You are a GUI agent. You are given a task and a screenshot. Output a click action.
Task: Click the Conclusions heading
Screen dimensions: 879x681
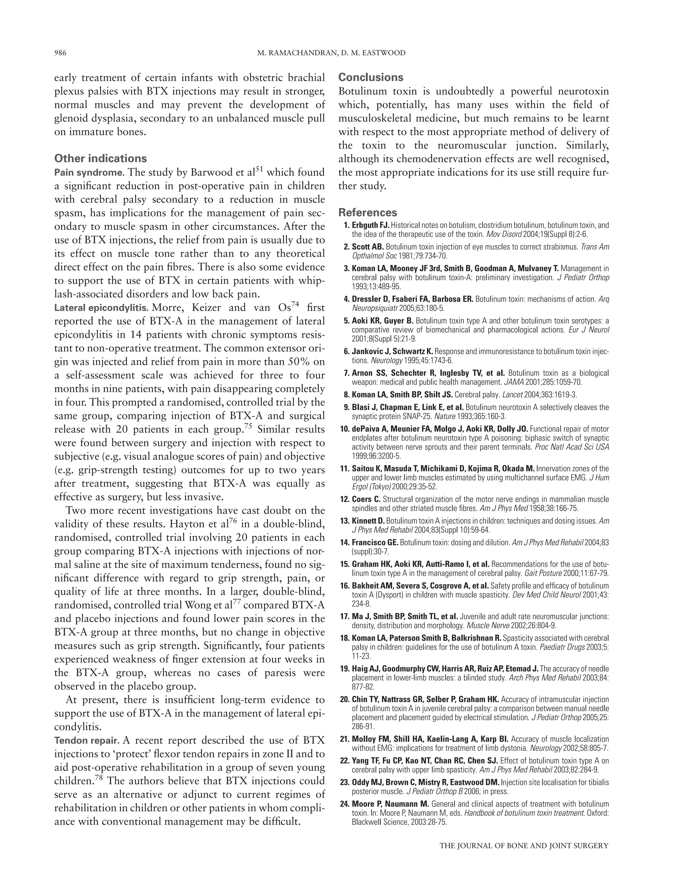coord(370,77)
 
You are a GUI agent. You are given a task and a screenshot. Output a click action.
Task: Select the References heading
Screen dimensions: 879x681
coord(367,212)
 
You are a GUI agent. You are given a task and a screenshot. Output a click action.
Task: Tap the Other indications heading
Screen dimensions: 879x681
coord(100,158)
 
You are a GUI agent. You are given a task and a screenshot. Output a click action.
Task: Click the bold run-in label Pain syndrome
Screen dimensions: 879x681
coord(89,173)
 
